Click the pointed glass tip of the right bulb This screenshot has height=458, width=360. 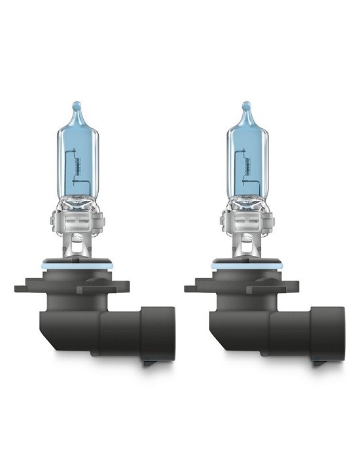(x=246, y=107)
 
